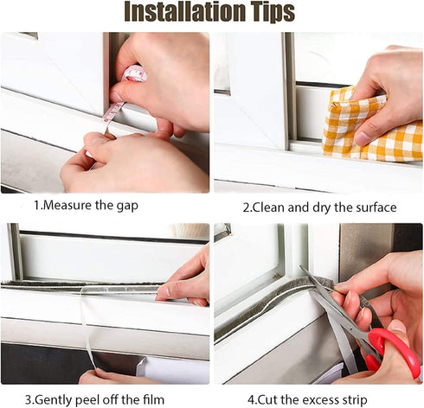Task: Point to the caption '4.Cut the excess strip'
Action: click(x=318, y=398)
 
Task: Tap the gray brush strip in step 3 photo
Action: click(x=78, y=284)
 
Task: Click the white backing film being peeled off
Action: click(x=87, y=328)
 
